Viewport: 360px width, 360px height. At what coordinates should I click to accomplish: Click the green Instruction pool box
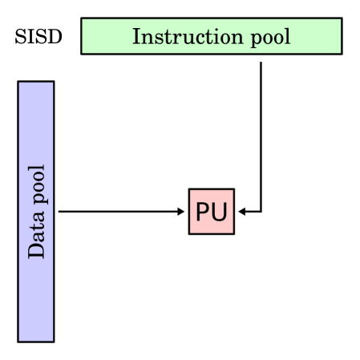[x=211, y=36]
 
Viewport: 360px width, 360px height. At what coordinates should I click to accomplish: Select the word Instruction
[x=188, y=37]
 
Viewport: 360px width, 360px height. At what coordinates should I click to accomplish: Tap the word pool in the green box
[x=270, y=37]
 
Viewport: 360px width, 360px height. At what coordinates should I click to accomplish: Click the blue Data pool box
[x=36, y=211]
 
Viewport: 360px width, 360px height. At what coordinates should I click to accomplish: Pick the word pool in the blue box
[x=37, y=184]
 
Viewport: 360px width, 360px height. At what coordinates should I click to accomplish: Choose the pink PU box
[x=211, y=212]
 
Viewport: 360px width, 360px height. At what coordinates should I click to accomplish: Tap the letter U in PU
[x=219, y=212]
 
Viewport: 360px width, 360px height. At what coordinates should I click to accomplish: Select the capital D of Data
[x=36, y=252]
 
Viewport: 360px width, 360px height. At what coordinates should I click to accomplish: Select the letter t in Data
[x=36, y=233]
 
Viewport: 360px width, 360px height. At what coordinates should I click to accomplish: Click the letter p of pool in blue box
[x=38, y=200]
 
